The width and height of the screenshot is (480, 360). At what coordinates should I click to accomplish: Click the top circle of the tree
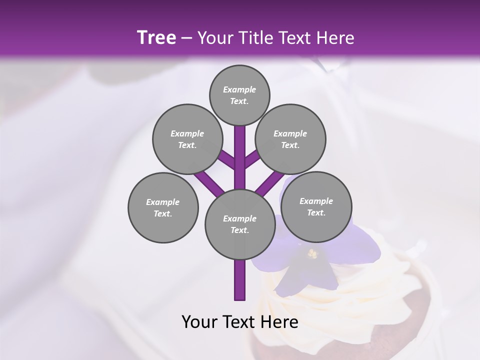[239, 95]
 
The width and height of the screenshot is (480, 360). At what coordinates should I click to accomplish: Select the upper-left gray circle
[187, 139]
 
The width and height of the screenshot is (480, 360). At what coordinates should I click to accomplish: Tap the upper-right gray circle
[290, 139]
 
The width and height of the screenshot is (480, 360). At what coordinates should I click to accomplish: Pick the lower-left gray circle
[163, 207]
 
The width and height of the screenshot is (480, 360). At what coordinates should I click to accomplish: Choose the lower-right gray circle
[316, 206]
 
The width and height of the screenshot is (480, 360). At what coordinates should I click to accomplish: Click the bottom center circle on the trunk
[240, 224]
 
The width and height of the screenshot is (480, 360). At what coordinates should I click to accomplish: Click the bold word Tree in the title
[156, 37]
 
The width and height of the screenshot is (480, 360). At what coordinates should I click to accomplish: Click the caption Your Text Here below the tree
[239, 322]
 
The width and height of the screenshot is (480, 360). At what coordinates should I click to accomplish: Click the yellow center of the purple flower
[312, 254]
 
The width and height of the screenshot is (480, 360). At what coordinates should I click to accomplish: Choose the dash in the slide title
[186, 38]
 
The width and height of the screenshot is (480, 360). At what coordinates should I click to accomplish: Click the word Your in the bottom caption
[200, 322]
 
